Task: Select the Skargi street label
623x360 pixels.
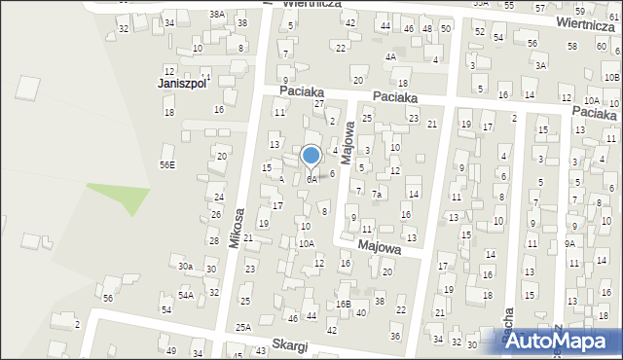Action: pyautogui.click(x=291, y=346)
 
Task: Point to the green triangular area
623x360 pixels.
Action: pyautogui.click(x=122, y=196)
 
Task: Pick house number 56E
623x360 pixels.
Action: pyautogui.click(x=167, y=165)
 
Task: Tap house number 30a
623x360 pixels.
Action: pyautogui.click(x=185, y=266)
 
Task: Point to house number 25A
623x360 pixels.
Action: pyautogui.click(x=242, y=328)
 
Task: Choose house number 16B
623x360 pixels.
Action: pyautogui.click(x=343, y=304)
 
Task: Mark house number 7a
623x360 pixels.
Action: pyautogui.click(x=376, y=194)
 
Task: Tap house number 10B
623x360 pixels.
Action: pyautogui.click(x=610, y=77)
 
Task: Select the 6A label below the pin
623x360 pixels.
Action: pyautogui.click(x=311, y=179)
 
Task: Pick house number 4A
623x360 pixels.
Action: pyautogui.click(x=389, y=56)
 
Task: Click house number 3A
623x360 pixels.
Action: pyautogui.click(x=540, y=65)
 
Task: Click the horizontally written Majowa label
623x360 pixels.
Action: pyautogui.click(x=380, y=247)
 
